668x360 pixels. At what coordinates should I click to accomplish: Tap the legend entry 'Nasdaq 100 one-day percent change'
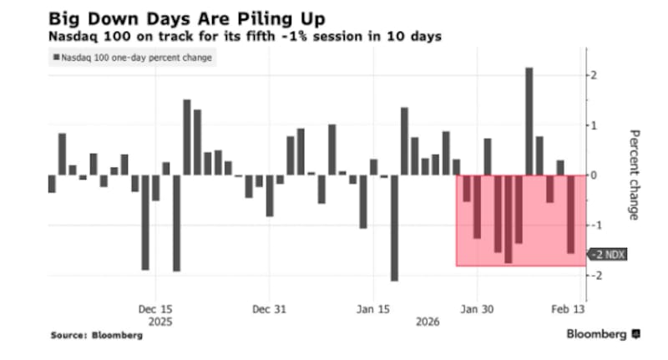point(132,58)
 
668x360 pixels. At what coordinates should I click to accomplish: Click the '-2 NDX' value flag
point(609,255)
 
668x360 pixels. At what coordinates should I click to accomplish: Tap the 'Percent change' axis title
point(634,175)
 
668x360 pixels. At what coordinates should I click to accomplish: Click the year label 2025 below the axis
point(156,321)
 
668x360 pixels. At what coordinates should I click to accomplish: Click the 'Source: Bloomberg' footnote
point(97,335)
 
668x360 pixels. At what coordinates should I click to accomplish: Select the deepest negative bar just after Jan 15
point(394,228)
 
